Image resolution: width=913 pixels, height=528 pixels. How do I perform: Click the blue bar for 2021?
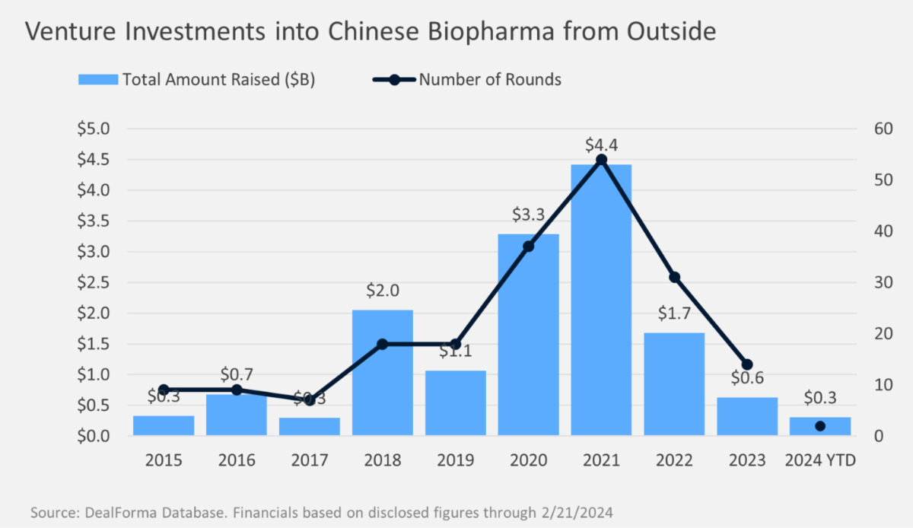click(x=601, y=304)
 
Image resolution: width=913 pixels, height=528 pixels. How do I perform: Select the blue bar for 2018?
click(x=382, y=373)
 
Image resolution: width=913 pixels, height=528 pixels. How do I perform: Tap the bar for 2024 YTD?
click(x=819, y=427)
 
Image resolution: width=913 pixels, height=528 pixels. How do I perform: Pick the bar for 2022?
click(x=674, y=384)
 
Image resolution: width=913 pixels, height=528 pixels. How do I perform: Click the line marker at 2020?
click(x=528, y=246)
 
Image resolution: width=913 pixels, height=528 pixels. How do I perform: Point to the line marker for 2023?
click(x=746, y=364)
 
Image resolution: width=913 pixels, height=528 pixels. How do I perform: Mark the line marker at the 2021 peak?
click(x=601, y=160)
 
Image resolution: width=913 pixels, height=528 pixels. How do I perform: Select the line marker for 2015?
click(x=164, y=390)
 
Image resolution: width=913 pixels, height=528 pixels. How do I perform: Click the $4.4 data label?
click(x=601, y=144)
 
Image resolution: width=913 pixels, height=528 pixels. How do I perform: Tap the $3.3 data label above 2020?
click(x=528, y=215)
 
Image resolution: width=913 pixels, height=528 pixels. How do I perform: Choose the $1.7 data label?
click(x=674, y=314)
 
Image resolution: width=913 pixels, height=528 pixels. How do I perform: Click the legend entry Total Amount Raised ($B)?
click(x=196, y=79)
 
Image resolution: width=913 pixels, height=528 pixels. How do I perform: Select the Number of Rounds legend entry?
click(x=467, y=79)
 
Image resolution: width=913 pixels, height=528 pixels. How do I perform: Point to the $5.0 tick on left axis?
click(x=94, y=129)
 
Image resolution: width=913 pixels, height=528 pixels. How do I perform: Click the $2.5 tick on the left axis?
click(x=94, y=282)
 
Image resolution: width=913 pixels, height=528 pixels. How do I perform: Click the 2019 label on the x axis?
click(x=455, y=461)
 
